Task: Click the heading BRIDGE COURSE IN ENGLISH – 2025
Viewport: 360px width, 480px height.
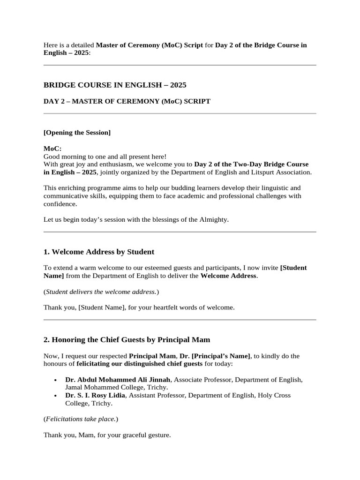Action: coord(115,85)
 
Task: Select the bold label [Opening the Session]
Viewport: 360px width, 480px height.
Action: coord(77,132)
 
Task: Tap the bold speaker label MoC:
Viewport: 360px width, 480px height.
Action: coord(52,149)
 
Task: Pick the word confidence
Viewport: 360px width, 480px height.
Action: coord(60,204)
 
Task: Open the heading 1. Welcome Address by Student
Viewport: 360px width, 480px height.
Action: coord(99,252)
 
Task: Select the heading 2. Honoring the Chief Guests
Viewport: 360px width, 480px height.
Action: coord(127,339)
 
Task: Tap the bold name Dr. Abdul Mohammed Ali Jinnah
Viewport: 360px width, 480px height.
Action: coord(118,379)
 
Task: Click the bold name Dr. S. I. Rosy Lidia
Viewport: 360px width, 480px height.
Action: coord(95,395)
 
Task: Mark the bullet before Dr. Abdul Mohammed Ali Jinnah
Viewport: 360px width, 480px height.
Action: coord(56,380)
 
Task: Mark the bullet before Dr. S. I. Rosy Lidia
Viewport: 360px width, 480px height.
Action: coord(56,396)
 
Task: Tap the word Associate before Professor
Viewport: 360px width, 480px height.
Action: coord(189,379)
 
